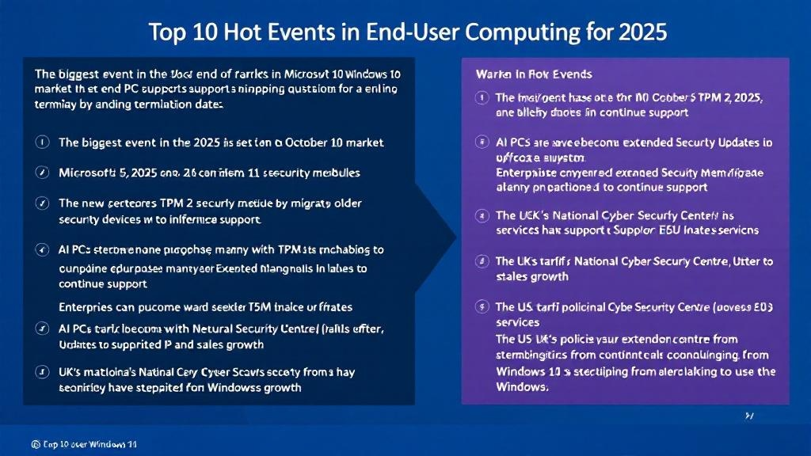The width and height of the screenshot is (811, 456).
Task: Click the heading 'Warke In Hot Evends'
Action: (533, 74)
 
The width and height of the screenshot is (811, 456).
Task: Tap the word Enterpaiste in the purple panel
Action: (529, 172)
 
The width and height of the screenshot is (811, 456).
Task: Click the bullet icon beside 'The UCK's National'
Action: (480, 215)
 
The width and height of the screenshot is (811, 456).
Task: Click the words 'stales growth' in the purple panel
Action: (531, 276)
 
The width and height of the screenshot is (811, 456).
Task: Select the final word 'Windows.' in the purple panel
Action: (522, 386)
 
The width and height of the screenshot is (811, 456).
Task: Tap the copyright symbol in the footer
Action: (36, 445)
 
